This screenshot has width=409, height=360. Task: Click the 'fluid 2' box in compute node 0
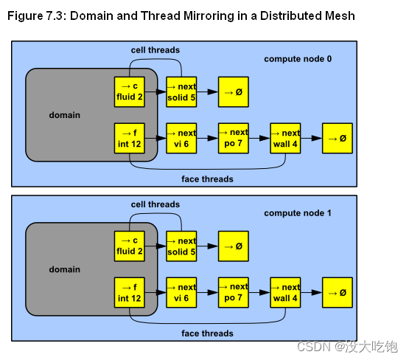click(130, 92)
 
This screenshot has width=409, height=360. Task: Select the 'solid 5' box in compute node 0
click(181, 92)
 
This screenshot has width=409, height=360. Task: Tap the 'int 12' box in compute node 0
click(130, 139)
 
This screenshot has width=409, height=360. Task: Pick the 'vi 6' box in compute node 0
click(181, 139)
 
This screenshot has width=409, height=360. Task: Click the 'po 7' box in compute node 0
click(234, 139)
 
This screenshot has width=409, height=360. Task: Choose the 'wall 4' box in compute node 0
click(285, 139)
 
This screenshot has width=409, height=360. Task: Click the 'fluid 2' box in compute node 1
click(130, 246)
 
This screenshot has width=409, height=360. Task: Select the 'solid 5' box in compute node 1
click(181, 246)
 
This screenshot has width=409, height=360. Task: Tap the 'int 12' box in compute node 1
click(130, 293)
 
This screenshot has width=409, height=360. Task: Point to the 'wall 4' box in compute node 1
click(285, 293)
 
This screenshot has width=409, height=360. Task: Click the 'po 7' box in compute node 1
click(234, 293)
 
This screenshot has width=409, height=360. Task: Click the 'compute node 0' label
click(298, 59)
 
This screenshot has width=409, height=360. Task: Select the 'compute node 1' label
click(298, 213)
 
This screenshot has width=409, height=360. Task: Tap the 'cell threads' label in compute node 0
click(155, 50)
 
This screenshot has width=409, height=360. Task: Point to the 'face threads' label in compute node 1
click(207, 333)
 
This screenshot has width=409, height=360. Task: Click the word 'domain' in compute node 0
click(65, 115)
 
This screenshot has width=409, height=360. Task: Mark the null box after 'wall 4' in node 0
click(338, 139)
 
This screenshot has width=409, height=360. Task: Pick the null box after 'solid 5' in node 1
click(234, 246)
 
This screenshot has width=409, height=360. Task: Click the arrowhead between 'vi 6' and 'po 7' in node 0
click(213, 139)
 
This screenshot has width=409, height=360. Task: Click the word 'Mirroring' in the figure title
click(209, 16)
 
